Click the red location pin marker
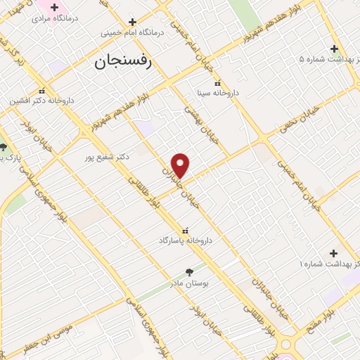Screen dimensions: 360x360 181,165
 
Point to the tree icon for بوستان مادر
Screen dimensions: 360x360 189,271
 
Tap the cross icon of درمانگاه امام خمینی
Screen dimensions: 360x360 132,22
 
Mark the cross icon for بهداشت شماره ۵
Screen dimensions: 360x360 335,49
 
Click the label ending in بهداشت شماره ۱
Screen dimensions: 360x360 330,263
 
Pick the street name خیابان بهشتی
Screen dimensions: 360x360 202,124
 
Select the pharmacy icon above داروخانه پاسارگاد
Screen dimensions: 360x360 185,230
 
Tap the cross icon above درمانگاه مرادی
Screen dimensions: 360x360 54,7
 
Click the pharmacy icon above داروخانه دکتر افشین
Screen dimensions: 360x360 41,91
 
